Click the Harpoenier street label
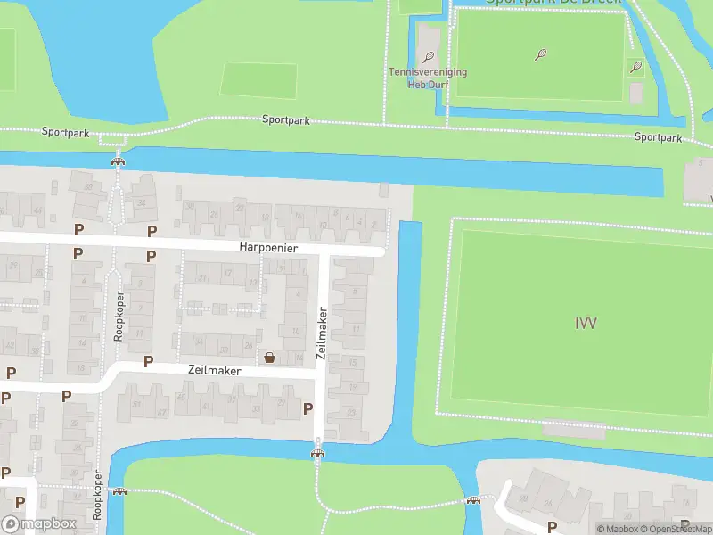click(x=267, y=247)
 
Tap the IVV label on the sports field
click(x=586, y=323)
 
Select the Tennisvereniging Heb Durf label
click(x=428, y=77)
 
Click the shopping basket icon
click(x=269, y=358)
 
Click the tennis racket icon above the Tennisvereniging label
click(x=429, y=57)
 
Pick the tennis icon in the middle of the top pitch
click(x=541, y=54)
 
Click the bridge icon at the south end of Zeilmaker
click(x=317, y=452)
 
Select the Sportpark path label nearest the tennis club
click(x=286, y=120)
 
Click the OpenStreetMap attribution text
click(x=678, y=529)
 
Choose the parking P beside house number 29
click(x=308, y=408)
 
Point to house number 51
click(x=137, y=406)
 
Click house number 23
click(x=352, y=412)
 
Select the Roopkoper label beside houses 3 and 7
click(x=118, y=317)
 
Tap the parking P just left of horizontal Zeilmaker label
click(x=149, y=362)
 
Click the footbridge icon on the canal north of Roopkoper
click(x=117, y=161)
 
